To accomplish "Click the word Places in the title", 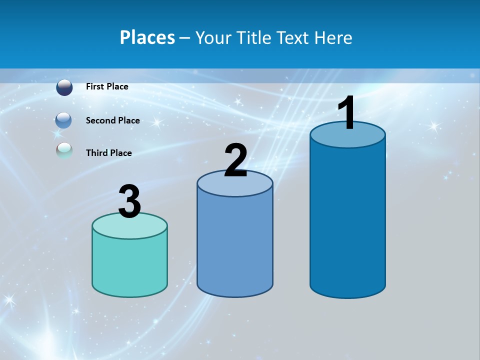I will [x=147, y=37].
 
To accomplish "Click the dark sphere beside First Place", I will [x=64, y=87].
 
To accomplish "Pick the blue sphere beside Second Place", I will [x=63, y=120].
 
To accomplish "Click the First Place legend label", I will [x=107, y=86].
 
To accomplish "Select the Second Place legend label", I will [x=112, y=120].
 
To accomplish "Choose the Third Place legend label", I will [x=108, y=153].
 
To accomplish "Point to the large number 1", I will [x=347, y=113].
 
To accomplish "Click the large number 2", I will [x=235, y=161].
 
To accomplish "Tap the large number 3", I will [x=130, y=202].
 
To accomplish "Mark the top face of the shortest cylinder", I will [x=130, y=226].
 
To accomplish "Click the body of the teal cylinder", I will [x=130, y=265].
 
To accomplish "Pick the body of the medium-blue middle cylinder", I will [x=235, y=240].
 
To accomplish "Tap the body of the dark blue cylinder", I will [x=347, y=220].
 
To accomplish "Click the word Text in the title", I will [x=294, y=37].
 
